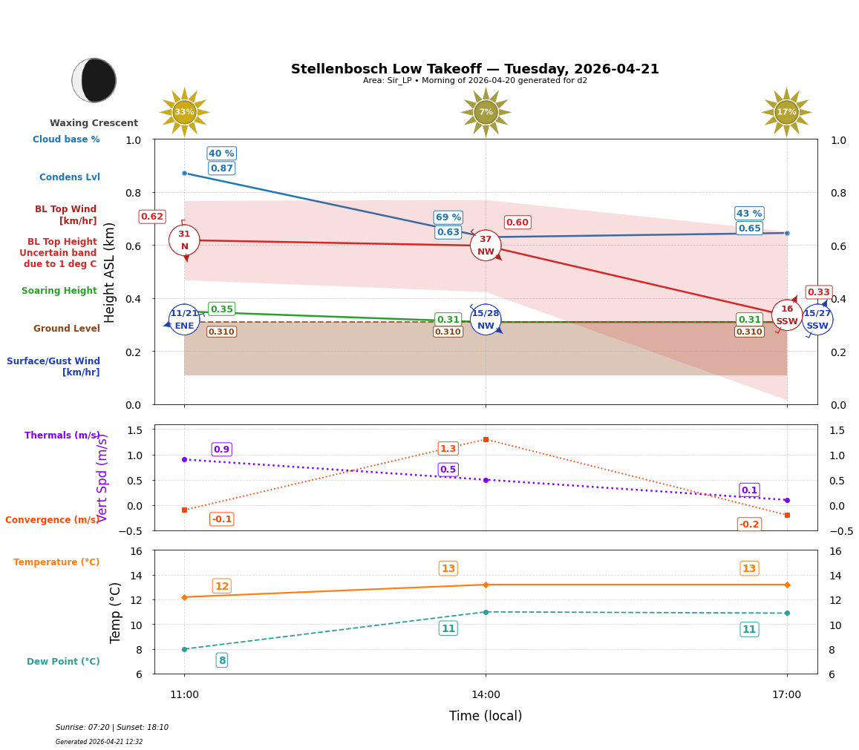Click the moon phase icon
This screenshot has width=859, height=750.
(94, 80)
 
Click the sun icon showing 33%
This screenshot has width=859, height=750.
(184, 112)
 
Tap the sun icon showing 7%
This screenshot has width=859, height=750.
(486, 112)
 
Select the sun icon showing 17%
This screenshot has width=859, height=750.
(786, 112)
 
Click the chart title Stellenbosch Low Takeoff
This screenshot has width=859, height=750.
(474, 69)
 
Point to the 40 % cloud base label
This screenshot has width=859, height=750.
(221, 154)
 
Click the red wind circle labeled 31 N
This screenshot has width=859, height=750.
(184, 240)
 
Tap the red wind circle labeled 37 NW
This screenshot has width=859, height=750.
(486, 246)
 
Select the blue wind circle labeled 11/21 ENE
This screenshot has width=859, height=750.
(184, 320)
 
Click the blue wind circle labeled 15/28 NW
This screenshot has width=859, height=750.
(486, 320)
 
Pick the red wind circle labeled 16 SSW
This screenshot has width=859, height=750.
(786, 315)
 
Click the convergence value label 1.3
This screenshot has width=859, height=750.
(448, 449)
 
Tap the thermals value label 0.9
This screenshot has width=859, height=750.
(221, 450)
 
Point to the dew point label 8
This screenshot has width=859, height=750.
(221, 660)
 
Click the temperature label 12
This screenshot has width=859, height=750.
(221, 586)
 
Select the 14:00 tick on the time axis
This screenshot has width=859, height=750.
(486, 695)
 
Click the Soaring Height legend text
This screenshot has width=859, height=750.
(59, 291)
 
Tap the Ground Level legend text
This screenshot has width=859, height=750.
(66, 329)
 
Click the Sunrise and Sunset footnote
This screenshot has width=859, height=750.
(112, 728)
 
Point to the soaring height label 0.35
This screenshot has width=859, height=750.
(221, 309)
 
